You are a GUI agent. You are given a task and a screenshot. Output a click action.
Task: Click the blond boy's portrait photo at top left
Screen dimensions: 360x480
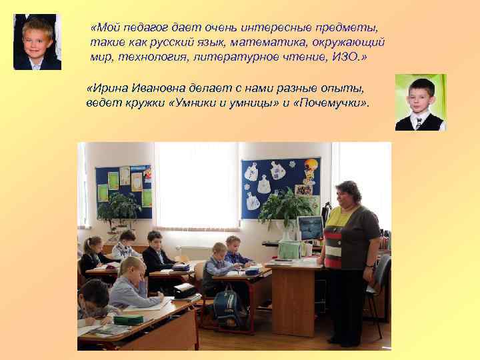click(37, 42)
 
